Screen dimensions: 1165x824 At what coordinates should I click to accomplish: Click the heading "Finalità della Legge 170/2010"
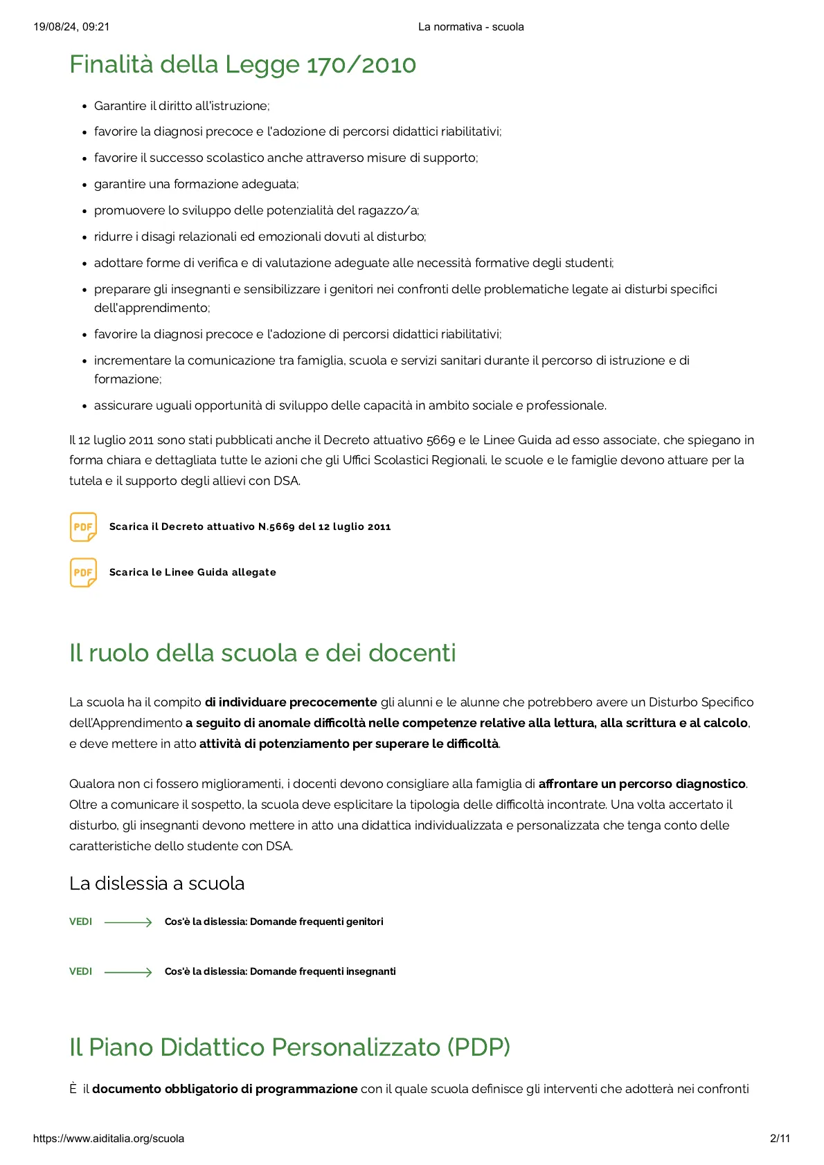click(242, 64)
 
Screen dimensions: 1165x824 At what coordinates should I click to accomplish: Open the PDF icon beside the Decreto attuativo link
click(83, 527)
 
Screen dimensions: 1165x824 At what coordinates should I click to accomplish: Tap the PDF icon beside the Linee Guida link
click(83, 573)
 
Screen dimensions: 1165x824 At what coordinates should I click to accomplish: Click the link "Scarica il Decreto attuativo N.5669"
click(250, 527)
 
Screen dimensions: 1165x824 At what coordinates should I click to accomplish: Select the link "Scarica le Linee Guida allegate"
click(192, 573)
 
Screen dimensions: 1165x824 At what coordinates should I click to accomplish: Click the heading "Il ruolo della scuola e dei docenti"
click(262, 653)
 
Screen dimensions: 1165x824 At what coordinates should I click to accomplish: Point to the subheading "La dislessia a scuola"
click(156, 883)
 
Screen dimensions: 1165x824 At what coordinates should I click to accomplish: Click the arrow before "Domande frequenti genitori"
click(128, 922)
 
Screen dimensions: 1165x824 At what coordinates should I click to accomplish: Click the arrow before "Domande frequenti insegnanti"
click(128, 972)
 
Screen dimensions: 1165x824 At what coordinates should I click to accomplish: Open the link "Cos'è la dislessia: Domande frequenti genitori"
click(274, 922)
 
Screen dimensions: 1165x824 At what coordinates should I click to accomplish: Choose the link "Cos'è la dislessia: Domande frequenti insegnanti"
click(280, 972)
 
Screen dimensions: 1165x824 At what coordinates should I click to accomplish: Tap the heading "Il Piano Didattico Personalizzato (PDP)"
click(289, 1047)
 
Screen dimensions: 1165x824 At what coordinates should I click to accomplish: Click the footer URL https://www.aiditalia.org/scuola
click(109, 1139)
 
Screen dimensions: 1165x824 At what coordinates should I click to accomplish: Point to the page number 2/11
click(780, 1139)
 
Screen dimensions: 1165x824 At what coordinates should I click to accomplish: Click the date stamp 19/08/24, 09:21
click(71, 27)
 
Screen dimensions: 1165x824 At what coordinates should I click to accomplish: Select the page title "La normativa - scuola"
click(471, 27)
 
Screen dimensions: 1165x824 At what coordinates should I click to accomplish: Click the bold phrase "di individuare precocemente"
click(291, 702)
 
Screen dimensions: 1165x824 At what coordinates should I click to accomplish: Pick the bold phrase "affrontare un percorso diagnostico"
click(642, 784)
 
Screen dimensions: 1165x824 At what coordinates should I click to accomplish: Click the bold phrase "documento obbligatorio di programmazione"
click(225, 1089)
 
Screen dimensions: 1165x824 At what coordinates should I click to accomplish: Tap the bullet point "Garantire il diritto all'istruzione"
click(181, 106)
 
